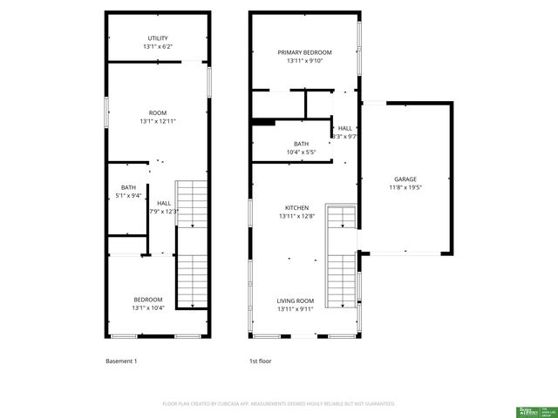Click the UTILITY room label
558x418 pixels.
coord(157,38)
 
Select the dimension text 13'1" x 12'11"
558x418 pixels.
coord(157,121)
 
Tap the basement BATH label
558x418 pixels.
coord(128,187)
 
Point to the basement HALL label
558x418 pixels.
coord(164,203)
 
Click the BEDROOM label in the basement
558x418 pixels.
coord(147,300)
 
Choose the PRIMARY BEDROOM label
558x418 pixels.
coord(304,52)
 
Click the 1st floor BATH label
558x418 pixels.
coord(301,144)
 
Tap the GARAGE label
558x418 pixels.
coord(405,179)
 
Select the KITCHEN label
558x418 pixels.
coord(297,207)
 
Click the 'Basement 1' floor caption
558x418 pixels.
coord(121,361)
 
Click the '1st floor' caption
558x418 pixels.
coord(260,361)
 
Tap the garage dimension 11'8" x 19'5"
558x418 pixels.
coord(405,186)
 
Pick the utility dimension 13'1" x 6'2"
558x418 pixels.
coord(157,47)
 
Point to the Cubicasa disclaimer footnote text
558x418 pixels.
coord(279,403)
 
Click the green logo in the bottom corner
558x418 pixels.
coord(528,409)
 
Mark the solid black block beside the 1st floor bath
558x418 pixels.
coord(263,122)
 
